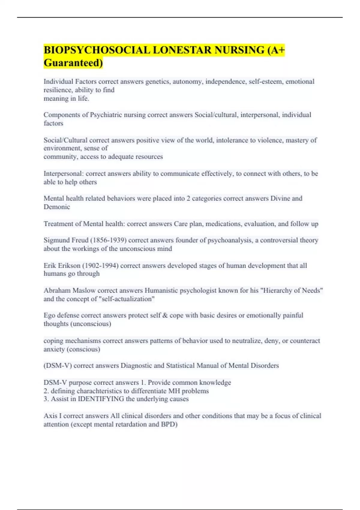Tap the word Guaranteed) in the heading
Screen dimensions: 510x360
tap(73, 63)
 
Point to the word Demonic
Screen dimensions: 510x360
tap(57, 207)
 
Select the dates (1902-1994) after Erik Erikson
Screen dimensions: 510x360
tap(100, 265)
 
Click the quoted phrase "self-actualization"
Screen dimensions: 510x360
tap(127, 299)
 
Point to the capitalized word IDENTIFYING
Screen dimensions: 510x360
tap(101, 399)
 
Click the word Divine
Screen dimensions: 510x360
tap(280, 199)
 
